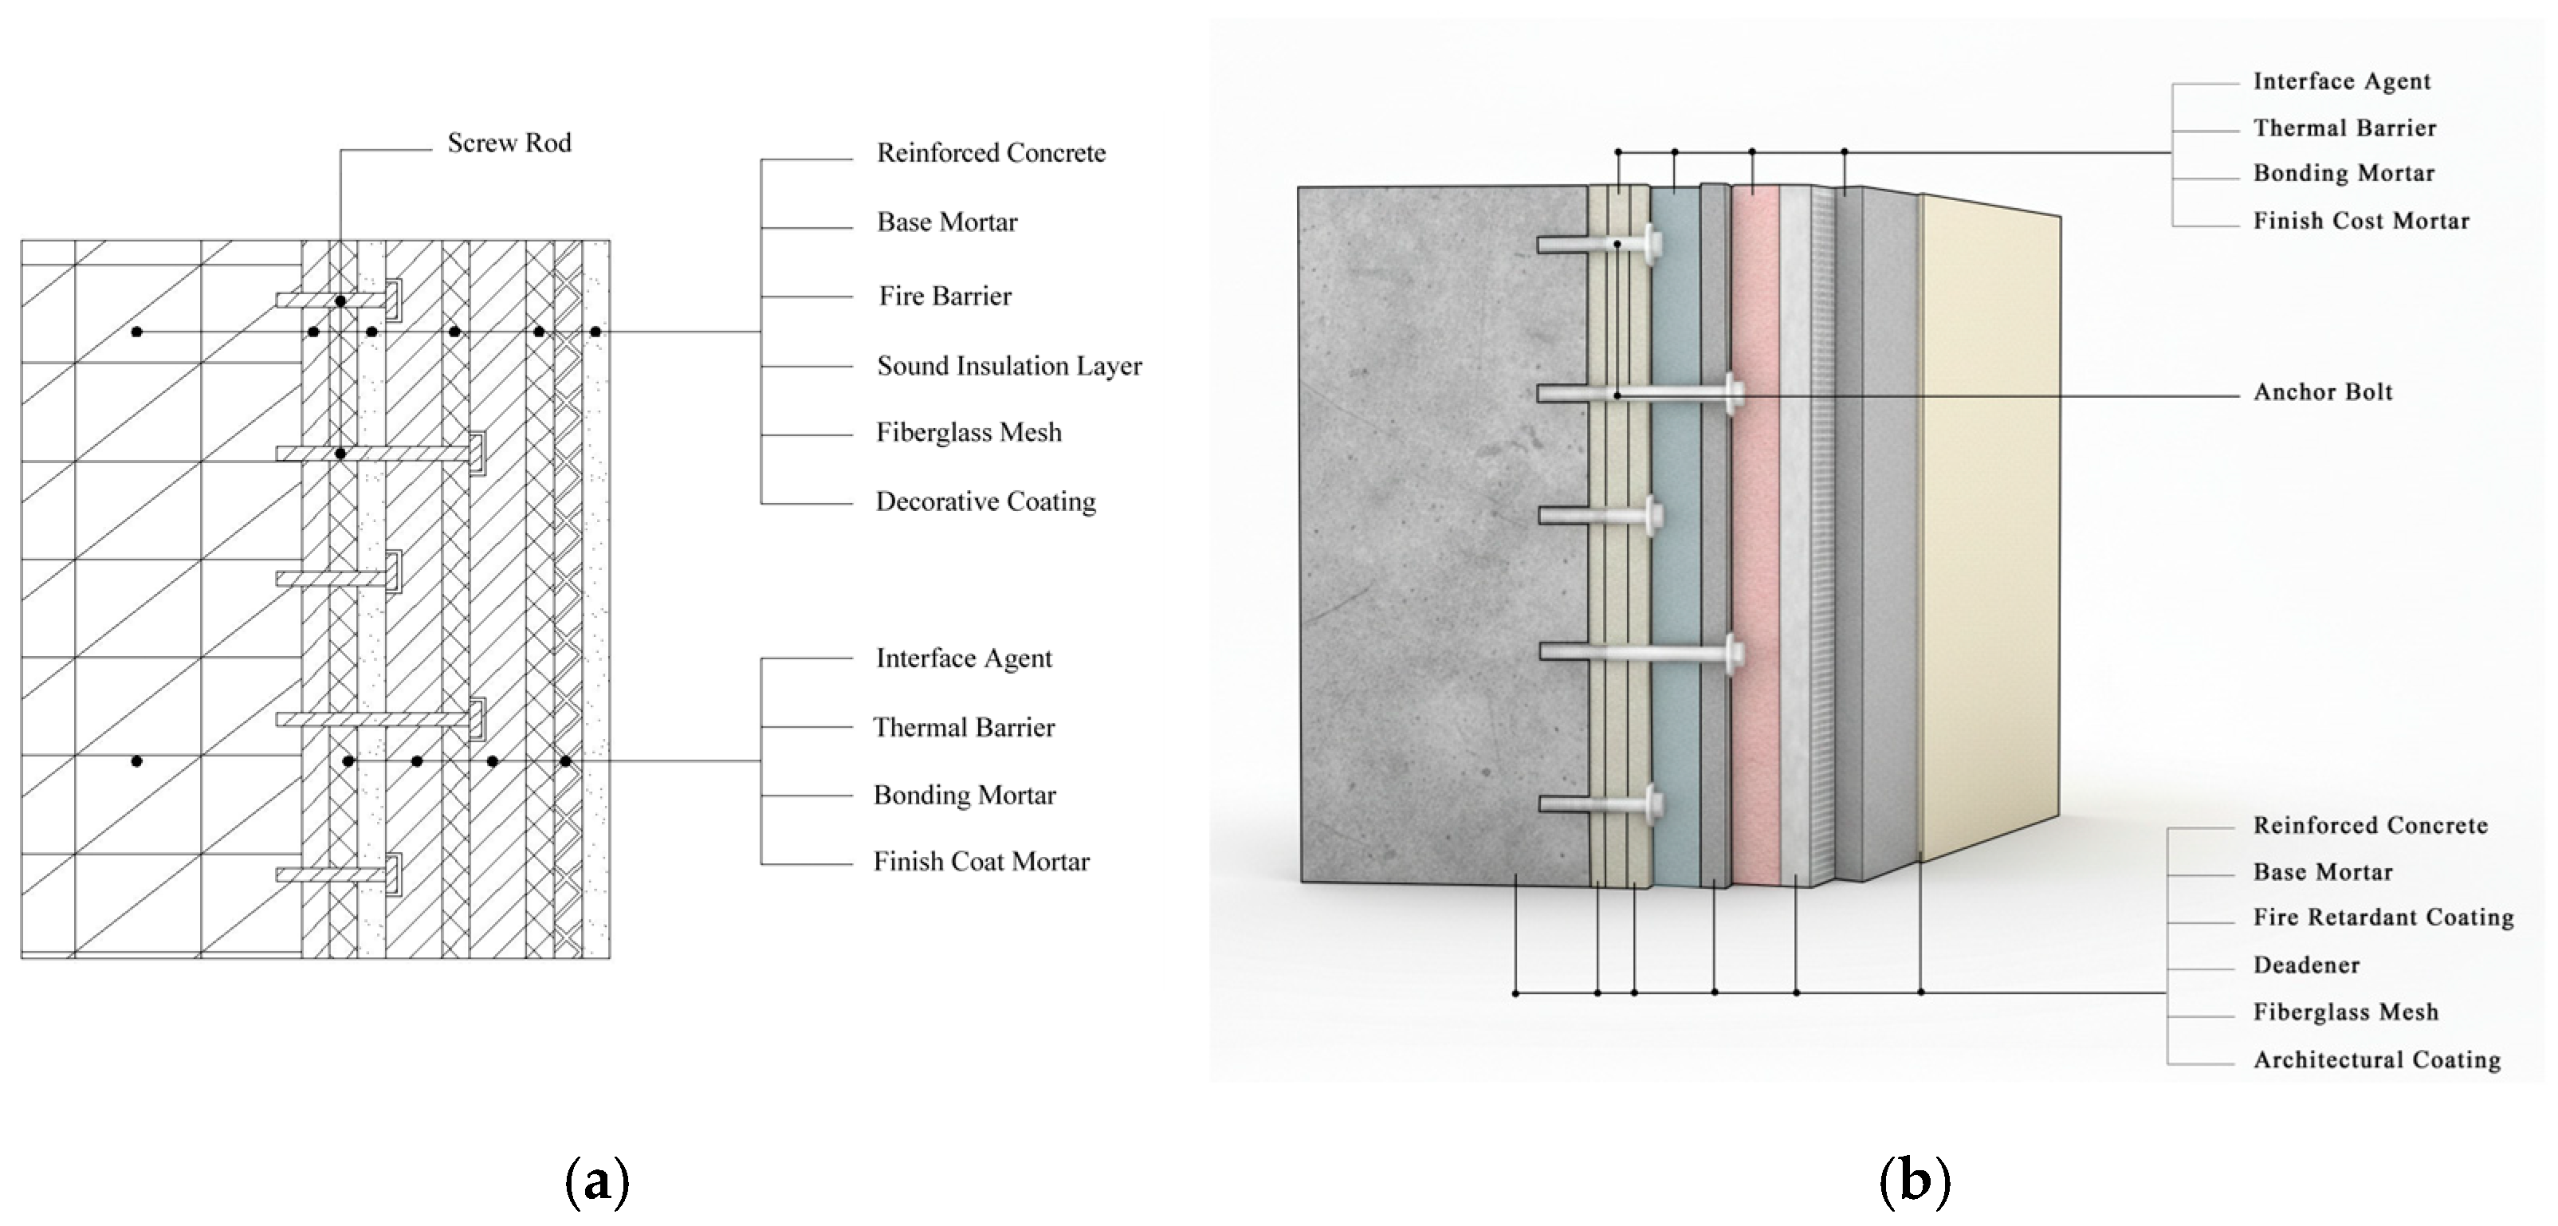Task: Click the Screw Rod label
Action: point(509,143)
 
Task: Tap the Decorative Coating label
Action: point(985,501)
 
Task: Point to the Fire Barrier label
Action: point(945,296)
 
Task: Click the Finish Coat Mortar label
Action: point(981,862)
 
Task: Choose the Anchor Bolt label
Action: point(2323,392)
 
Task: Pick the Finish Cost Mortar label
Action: point(2360,220)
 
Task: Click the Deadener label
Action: point(2306,965)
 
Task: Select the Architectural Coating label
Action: point(2376,1060)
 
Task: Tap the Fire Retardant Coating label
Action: point(2383,918)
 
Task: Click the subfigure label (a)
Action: point(597,1181)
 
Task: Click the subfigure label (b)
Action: point(1915,1181)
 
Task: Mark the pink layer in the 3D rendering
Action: point(1754,536)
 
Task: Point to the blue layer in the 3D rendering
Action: point(1676,536)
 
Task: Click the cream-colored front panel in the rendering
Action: point(1986,536)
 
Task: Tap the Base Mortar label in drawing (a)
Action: point(946,222)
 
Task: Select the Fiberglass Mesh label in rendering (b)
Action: point(2345,1012)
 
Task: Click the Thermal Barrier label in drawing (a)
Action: point(963,728)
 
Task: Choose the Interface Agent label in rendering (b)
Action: point(2341,81)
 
